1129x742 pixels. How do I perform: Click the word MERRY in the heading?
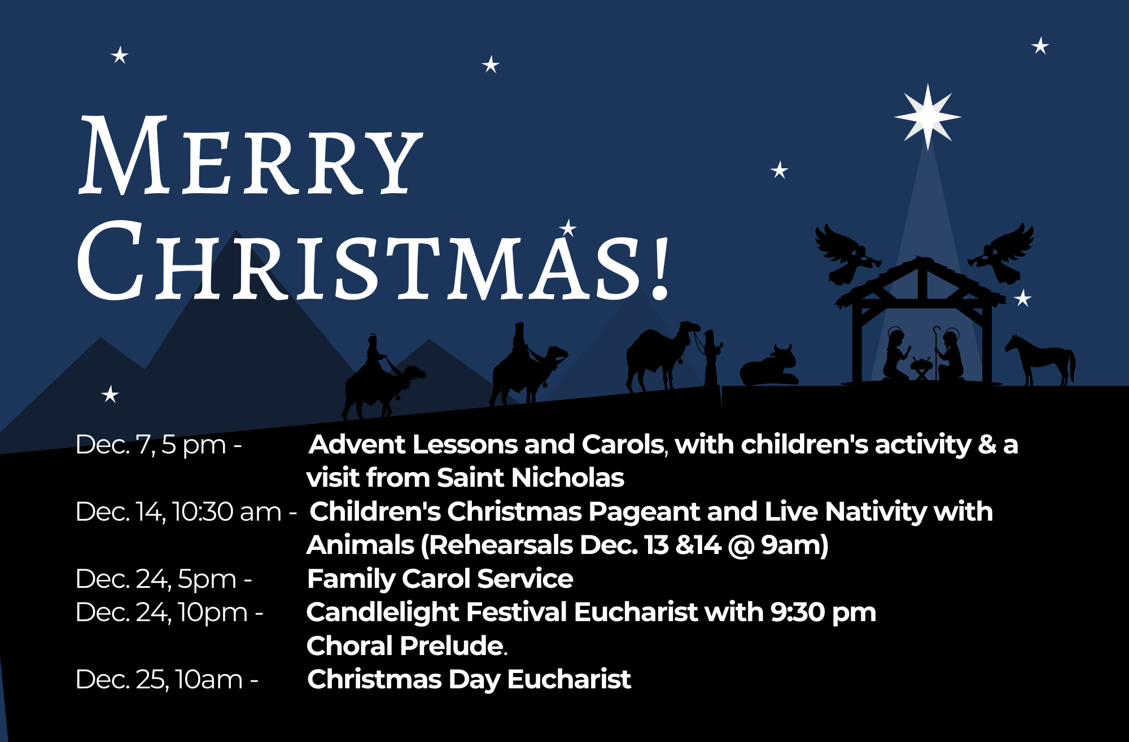coord(251,155)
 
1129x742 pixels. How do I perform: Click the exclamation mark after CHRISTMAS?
coord(660,268)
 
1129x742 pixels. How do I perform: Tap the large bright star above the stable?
coord(927,117)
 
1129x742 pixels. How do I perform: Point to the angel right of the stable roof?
coord(1001,254)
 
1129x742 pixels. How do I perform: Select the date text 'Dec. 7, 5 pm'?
coord(151,445)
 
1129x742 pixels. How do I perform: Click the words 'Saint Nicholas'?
coord(531,478)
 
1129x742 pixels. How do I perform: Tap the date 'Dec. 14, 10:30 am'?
coord(178,512)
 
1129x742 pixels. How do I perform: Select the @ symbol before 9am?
coord(741,545)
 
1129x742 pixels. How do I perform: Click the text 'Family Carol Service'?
coord(440,579)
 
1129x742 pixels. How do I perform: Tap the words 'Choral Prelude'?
coord(405,646)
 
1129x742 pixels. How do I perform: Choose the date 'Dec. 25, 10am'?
coord(159,679)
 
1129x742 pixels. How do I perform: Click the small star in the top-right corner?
coord(1040,46)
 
